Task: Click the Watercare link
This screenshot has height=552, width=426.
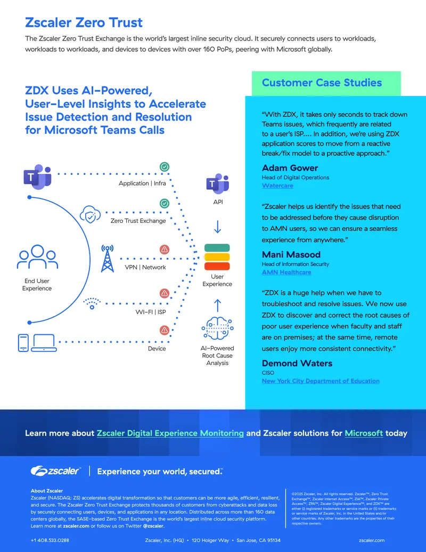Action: (x=277, y=186)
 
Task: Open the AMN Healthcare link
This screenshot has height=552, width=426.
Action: (x=286, y=272)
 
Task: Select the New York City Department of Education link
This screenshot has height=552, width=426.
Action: (x=321, y=381)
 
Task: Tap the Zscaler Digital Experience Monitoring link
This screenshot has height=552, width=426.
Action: (x=170, y=433)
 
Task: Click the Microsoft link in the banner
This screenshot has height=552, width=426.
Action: (x=364, y=433)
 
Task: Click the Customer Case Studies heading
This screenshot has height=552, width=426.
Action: (x=322, y=83)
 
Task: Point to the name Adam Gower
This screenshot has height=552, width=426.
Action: (x=290, y=168)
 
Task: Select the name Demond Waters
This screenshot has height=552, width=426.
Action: (x=297, y=363)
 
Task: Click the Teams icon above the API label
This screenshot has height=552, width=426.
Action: (x=218, y=183)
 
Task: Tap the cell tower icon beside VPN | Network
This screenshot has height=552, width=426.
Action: (x=108, y=259)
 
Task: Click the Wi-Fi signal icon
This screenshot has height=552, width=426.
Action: (x=92, y=303)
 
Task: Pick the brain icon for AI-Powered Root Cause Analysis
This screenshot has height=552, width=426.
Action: (x=218, y=329)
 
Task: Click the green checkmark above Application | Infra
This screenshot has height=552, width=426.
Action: (x=165, y=167)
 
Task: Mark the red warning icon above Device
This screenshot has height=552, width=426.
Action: (x=165, y=330)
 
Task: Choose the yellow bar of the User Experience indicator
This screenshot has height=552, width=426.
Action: (x=217, y=257)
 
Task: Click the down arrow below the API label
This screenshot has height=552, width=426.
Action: (x=218, y=227)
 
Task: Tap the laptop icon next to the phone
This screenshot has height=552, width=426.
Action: (x=44, y=343)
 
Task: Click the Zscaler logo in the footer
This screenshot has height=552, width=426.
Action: (x=56, y=471)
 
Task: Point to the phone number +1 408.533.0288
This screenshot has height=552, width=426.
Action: (x=50, y=540)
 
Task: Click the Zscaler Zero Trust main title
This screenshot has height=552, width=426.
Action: (x=84, y=22)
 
